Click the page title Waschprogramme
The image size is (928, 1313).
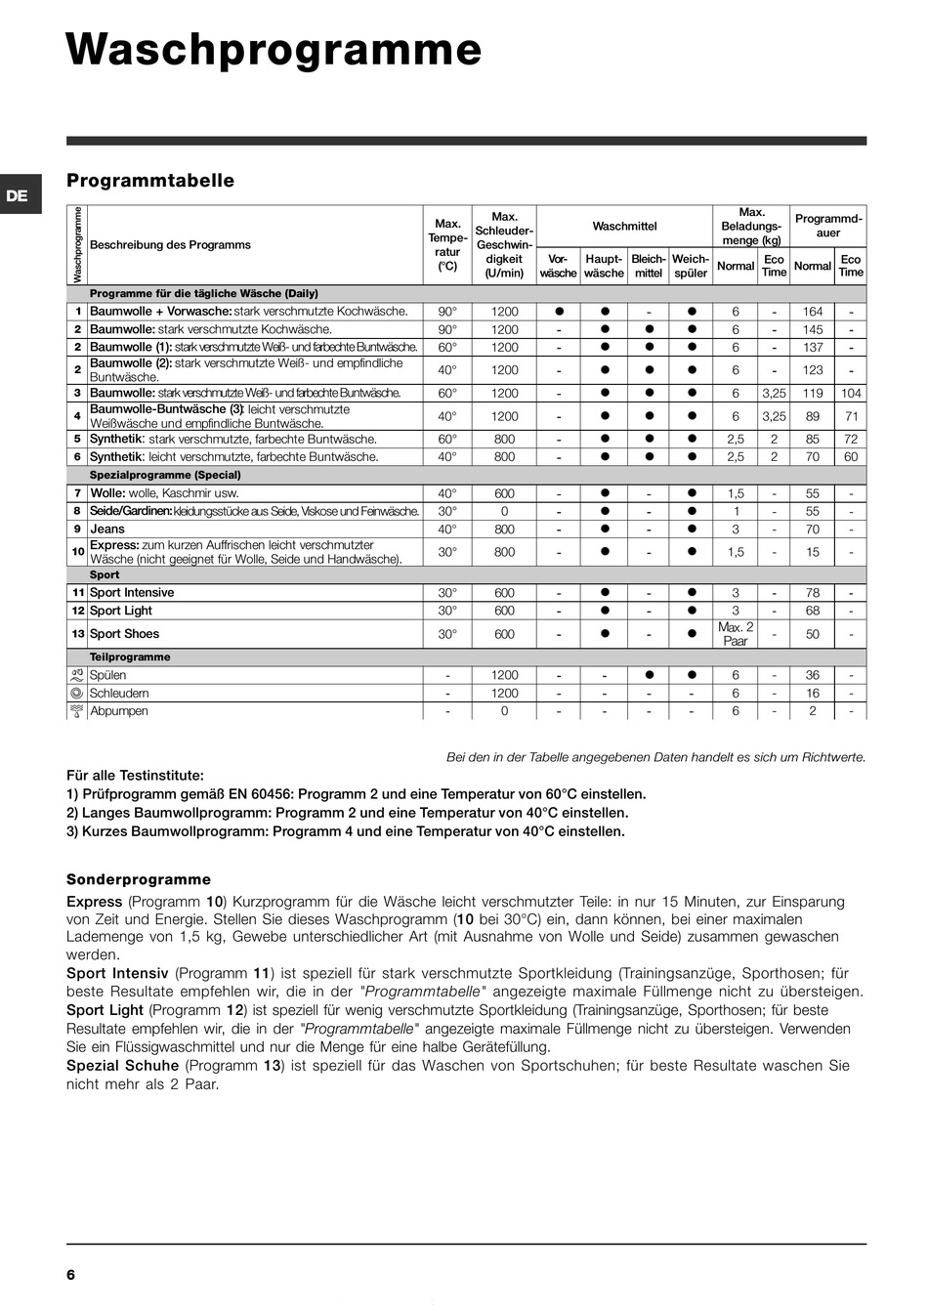click(274, 50)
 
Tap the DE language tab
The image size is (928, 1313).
click(17, 195)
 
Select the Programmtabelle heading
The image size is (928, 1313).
click(150, 181)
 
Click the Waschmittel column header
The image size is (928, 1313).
click(624, 227)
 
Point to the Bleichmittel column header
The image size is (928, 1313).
click(648, 266)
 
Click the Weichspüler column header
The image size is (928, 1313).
click(691, 266)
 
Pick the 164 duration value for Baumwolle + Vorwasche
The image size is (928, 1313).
click(813, 312)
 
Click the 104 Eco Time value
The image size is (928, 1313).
click(851, 393)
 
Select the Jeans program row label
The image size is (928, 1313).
click(107, 529)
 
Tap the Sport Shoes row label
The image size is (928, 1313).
click(124, 634)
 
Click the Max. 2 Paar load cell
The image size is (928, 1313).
click(736, 634)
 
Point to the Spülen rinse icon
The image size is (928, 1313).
click(76, 675)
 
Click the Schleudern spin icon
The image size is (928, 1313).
click(76, 694)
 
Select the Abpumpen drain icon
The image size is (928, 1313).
click(76, 711)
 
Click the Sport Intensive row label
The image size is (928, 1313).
click(132, 593)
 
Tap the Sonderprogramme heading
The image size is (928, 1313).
click(139, 879)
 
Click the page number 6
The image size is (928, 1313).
click(70, 1275)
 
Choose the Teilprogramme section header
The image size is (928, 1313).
click(130, 657)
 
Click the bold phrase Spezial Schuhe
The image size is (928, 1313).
click(122, 1066)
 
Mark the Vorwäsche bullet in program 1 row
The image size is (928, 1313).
click(559, 312)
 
